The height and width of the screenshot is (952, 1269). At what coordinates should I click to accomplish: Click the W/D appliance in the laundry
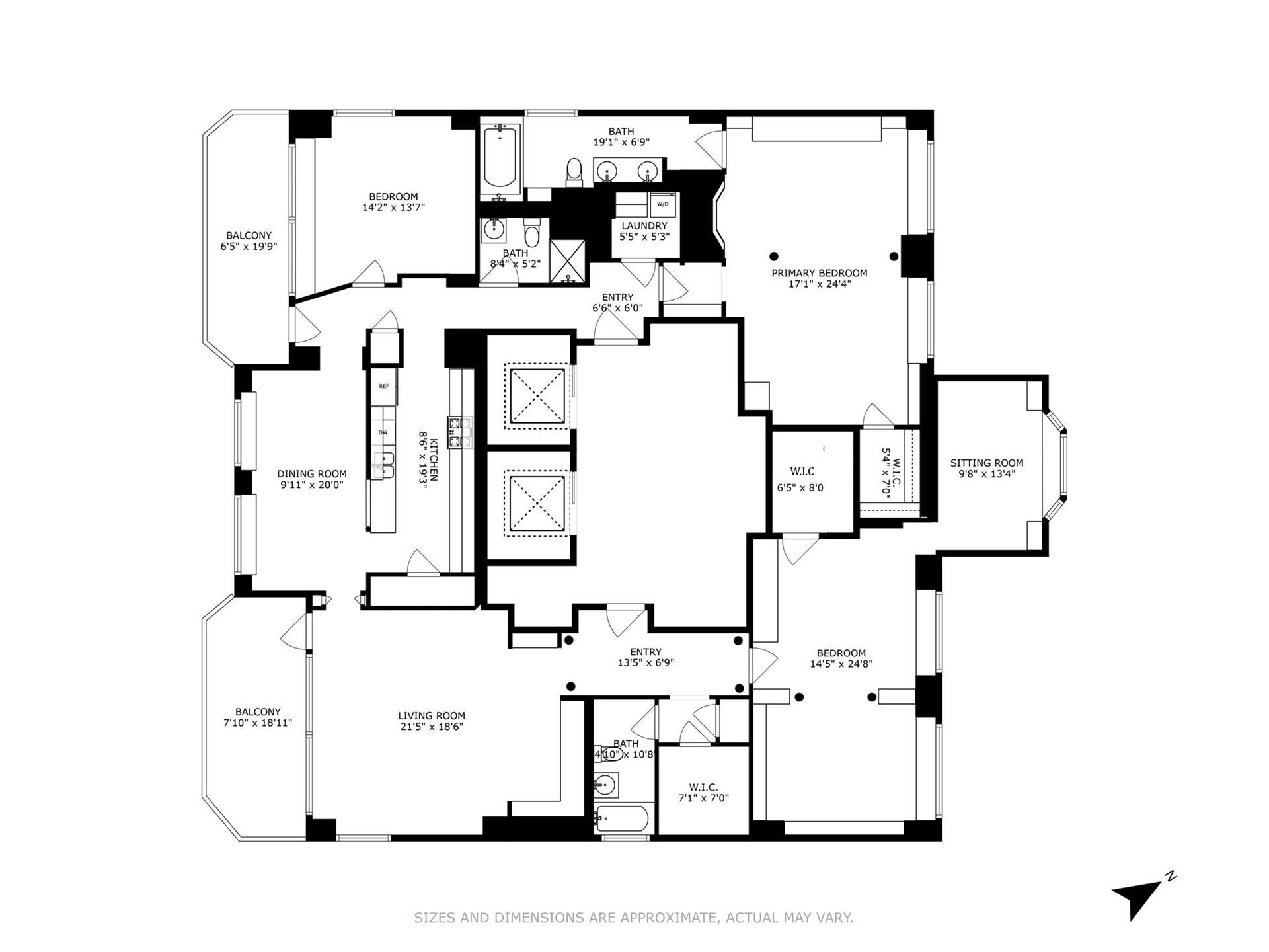pyautogui.click(x=662, y=205)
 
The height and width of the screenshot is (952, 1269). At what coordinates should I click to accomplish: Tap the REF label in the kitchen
pyautogui.click(x=383, y=386)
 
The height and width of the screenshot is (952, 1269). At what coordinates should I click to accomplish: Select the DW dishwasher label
pyautogui.click(x=383, y=432)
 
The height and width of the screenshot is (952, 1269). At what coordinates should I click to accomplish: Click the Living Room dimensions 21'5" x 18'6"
pyautogui.click(x=431, y=726)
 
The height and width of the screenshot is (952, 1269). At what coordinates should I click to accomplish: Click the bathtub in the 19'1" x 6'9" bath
pyautogui.click(x=500, y=159)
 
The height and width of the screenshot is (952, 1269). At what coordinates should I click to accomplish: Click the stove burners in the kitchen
pyautogui.click(x=459, y=432)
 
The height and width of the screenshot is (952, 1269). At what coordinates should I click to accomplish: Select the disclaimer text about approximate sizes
pyautogui.click(x=633, y=918)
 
